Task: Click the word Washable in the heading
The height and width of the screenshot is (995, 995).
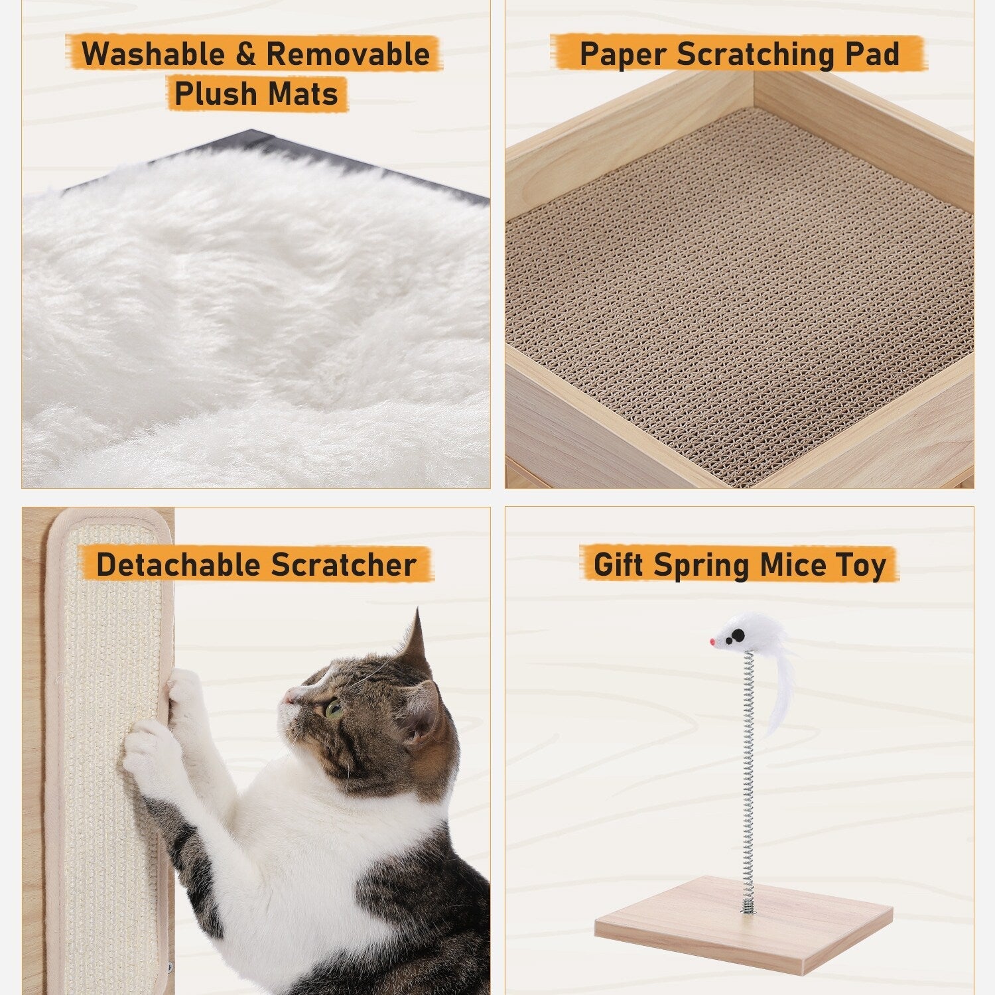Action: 154,54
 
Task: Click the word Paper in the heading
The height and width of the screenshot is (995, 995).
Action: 624,54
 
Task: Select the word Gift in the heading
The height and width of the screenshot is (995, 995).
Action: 618,565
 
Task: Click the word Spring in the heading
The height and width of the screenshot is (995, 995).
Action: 702,565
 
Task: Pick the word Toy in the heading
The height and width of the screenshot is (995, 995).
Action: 860,565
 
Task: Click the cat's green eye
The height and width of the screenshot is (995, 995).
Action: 334,710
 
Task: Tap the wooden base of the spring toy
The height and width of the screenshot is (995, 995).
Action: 743,922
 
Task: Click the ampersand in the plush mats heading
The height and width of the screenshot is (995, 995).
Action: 245,54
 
